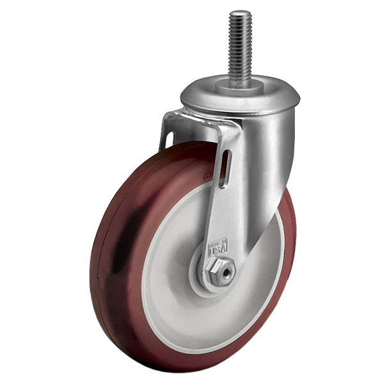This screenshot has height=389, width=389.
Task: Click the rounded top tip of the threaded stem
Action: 241,13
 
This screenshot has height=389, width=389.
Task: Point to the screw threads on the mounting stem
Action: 241,45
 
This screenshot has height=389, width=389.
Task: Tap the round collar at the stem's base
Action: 241,83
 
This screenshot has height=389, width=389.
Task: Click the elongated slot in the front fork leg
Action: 223,169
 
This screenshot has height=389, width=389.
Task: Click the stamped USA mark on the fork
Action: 218,246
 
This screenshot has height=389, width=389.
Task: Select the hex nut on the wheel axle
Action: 220,273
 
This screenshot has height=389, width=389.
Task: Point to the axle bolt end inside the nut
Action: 221,273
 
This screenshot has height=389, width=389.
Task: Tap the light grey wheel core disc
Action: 192,314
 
